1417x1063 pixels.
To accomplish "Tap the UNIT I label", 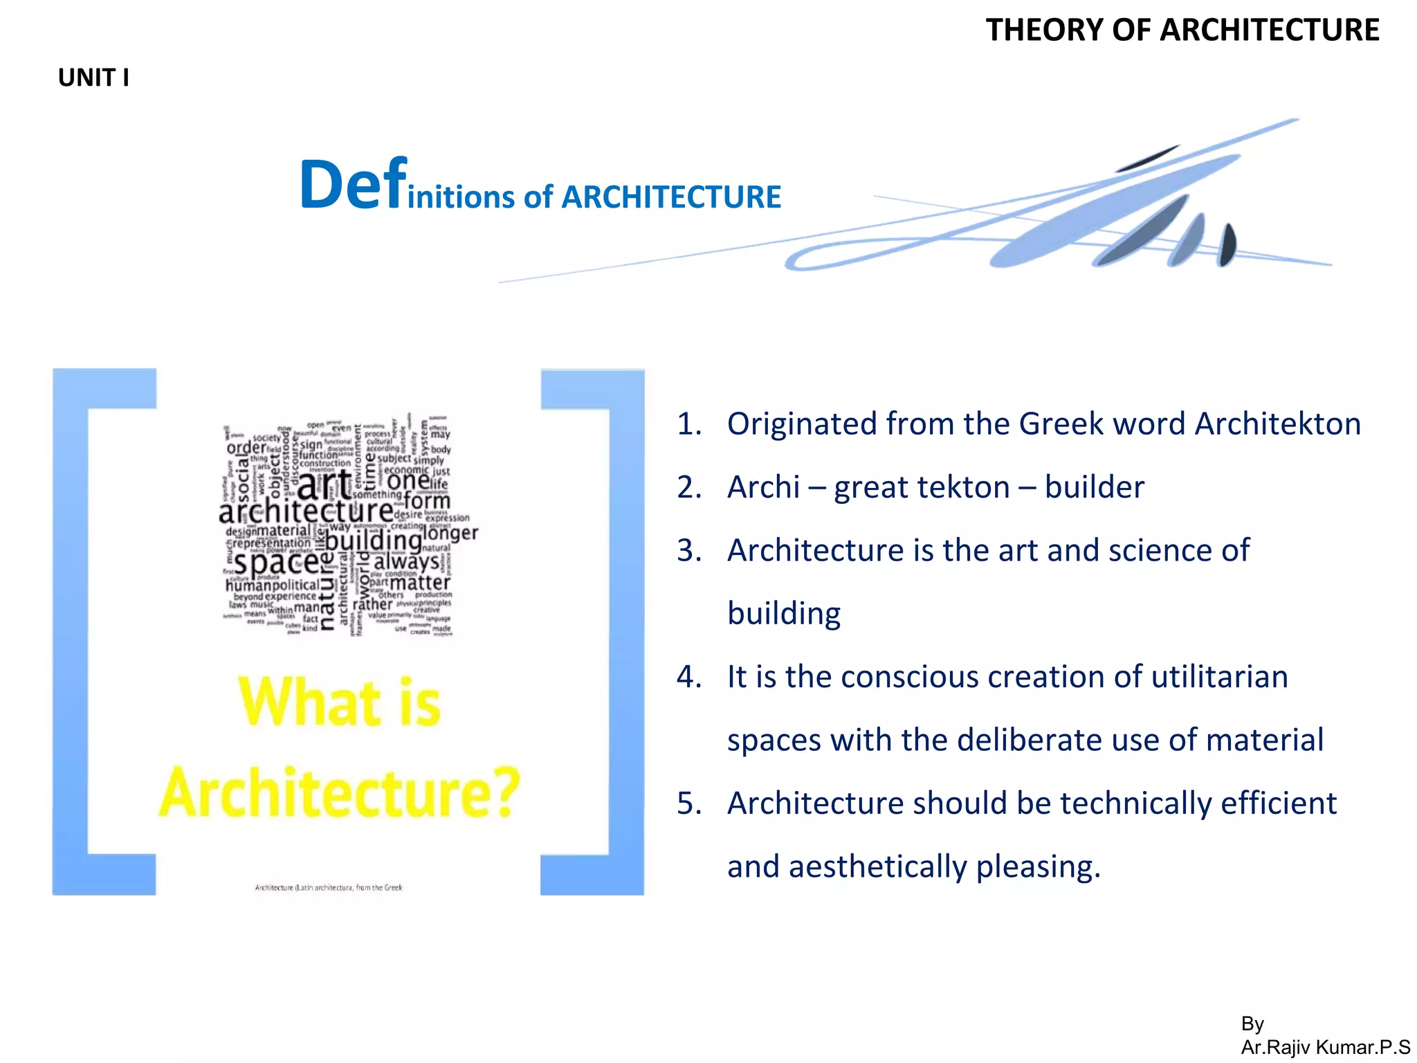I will point(93,78).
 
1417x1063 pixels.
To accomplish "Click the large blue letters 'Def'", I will point(352,184).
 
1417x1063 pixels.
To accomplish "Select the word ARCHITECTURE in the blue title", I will point(670,197).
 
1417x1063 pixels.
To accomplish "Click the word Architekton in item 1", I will point(1277,424).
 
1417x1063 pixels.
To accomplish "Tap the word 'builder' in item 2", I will point(1094,487).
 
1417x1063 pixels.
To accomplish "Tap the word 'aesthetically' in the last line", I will point(877,867).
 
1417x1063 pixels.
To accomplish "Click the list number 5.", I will point(688,803).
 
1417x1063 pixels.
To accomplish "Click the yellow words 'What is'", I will point(339,702).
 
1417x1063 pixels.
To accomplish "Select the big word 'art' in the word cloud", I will point(323,484).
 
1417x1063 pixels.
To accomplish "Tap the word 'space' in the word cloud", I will point(277,562).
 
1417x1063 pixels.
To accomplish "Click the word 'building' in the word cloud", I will point(373,540).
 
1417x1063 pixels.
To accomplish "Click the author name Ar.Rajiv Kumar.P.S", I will point(1325,1047).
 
